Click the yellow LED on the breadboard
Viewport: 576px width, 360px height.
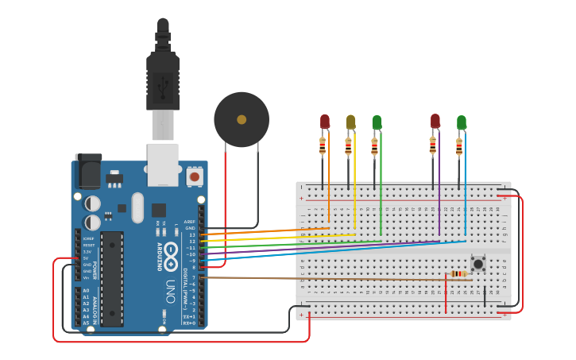[x=350, y=122]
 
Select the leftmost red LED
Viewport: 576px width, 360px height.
[x=324, y=121]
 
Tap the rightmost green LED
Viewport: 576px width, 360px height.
[x=462, y=122]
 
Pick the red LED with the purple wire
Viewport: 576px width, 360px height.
[x=435, y=121]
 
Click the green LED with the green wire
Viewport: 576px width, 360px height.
[x=377, y=122]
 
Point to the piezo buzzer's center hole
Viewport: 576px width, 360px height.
[x=241, y=120]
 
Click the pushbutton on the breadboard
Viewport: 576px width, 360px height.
[x=478, y=263]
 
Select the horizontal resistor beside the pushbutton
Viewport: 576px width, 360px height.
[x=458, y=273]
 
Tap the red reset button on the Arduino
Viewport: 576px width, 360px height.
[x=195, y=176]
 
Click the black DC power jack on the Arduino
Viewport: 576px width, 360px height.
[x=88, y=172]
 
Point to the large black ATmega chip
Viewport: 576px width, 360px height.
[x=112, y=278]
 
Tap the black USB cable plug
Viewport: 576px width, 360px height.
[x=163, y=79]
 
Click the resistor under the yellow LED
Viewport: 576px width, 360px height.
[x=348, y=147]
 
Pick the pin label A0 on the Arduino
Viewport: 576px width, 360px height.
[x=86, y=291]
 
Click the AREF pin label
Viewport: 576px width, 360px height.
[x=189, y=222]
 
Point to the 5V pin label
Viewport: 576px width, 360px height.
[x=86, y=258]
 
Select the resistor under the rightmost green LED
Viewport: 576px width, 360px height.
[x=458, y=147]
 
